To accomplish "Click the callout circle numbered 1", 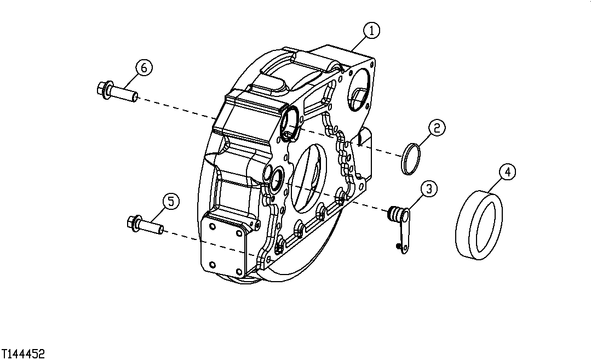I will tap(371, 31).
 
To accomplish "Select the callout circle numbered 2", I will tap(436, 128).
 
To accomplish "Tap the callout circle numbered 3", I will tap(428, 188).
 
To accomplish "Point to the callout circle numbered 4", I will tap(507, 172).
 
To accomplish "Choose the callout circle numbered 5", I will tap(170, 202).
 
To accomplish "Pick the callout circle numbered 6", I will tap(144, 67).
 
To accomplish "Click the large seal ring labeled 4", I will tap(480, 224).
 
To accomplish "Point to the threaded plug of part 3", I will tap(393, 214).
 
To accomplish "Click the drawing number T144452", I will tap(23, 353).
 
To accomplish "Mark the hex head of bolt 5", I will tap(132, 222).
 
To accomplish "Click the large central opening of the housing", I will tap(307, 178).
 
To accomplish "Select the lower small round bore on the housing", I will tap(276, 177).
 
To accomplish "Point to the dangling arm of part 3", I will tap(405, 233).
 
